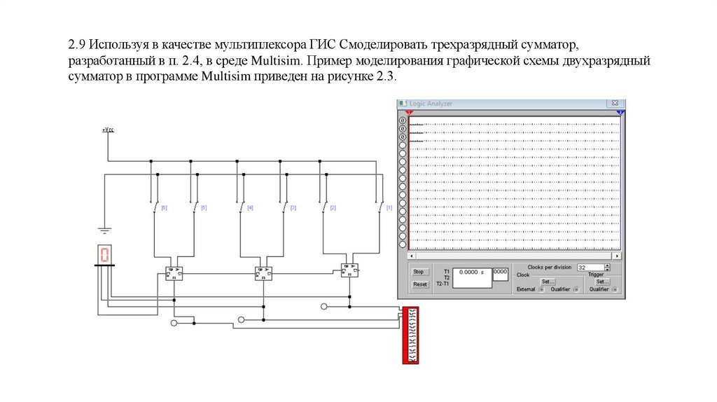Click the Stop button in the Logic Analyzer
(419, 272)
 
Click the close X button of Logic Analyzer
(615, 104)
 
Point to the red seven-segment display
(104, 255)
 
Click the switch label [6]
(164, 208)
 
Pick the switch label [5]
(204, 208)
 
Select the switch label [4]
(250, 208)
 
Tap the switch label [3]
(293, 208)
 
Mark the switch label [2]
(333, 208)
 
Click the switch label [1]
(389, 208)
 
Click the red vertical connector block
(410, 335)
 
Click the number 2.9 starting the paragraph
(76, 46)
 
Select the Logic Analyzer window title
(431, 104)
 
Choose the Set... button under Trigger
(603, 282)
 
